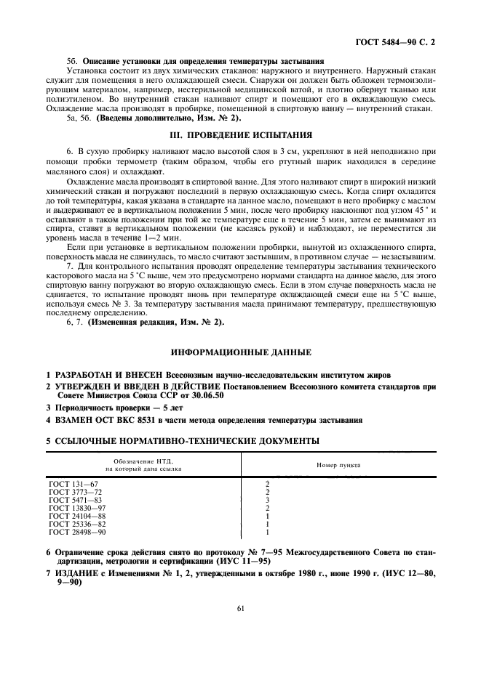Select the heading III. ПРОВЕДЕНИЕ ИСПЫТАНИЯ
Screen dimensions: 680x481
pos(239,134)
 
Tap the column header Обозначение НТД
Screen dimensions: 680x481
pos(143,461)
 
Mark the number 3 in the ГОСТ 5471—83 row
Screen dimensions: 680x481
pos(268,500)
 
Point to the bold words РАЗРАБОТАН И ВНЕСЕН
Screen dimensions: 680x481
pos(103,374)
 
